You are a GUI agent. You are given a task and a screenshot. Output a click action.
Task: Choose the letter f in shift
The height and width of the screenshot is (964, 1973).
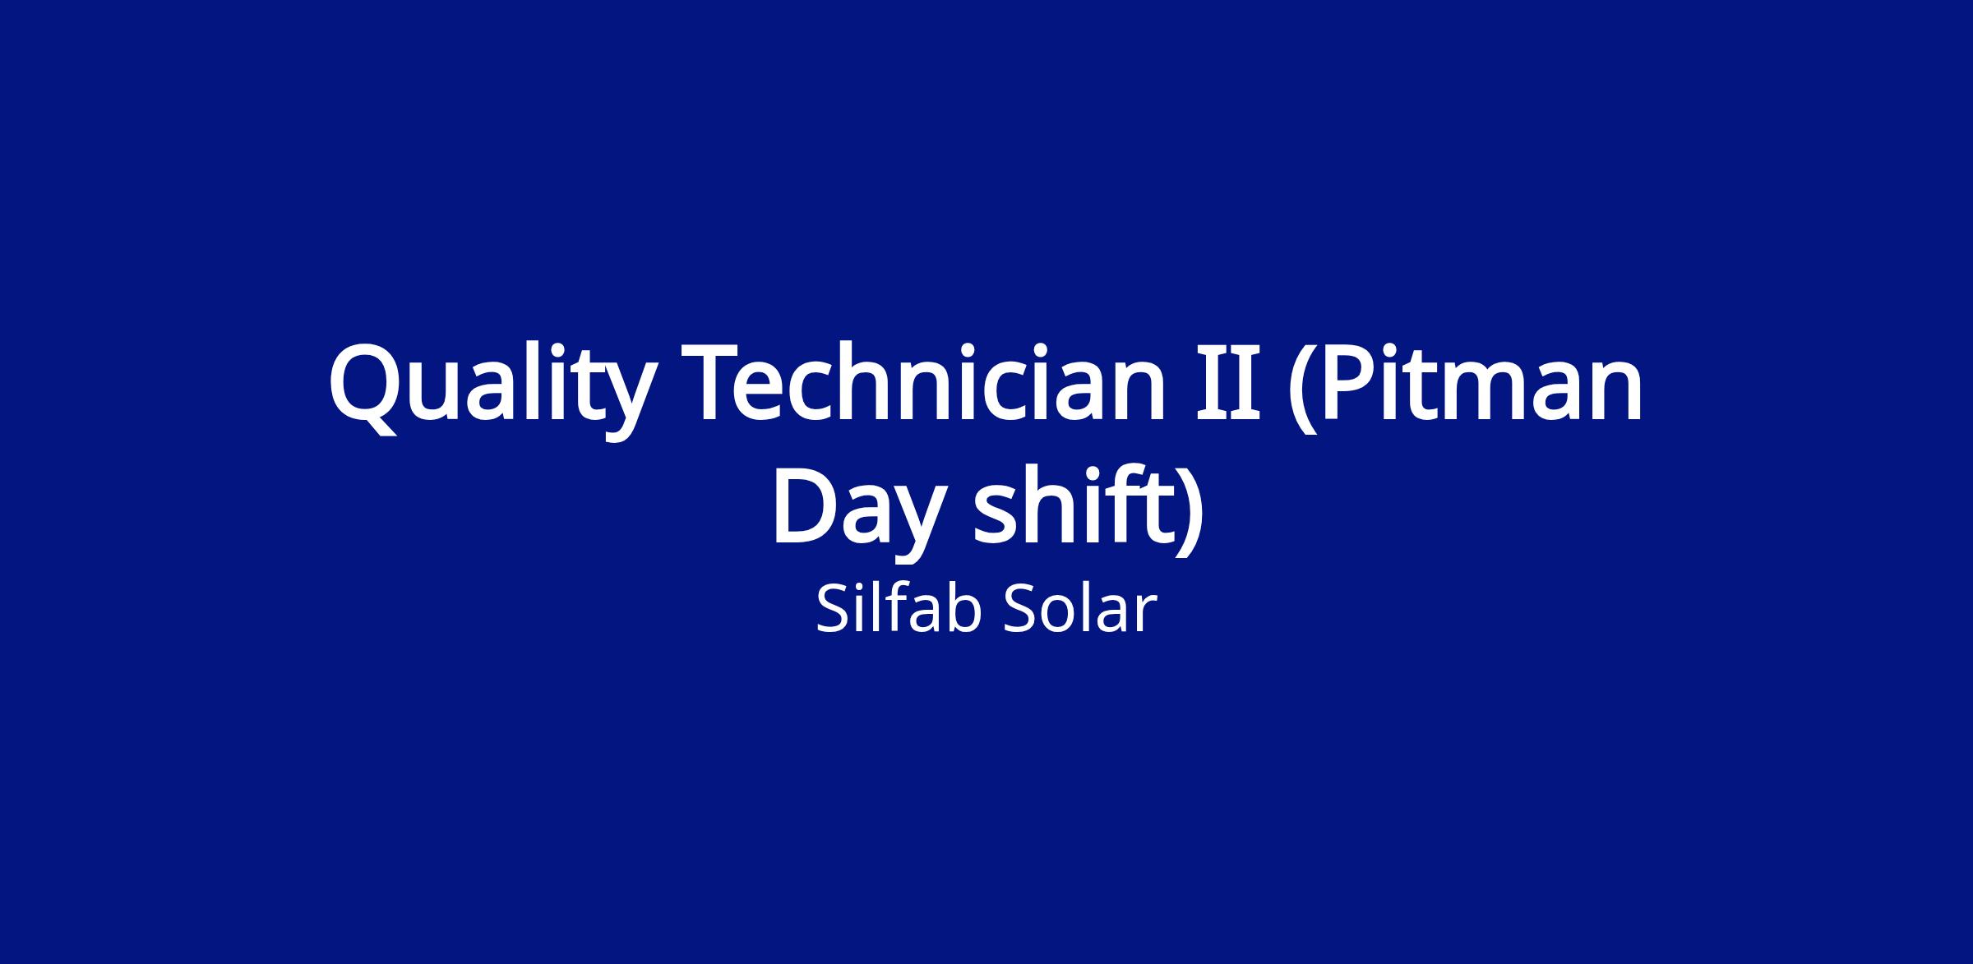tap(1125, 502)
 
